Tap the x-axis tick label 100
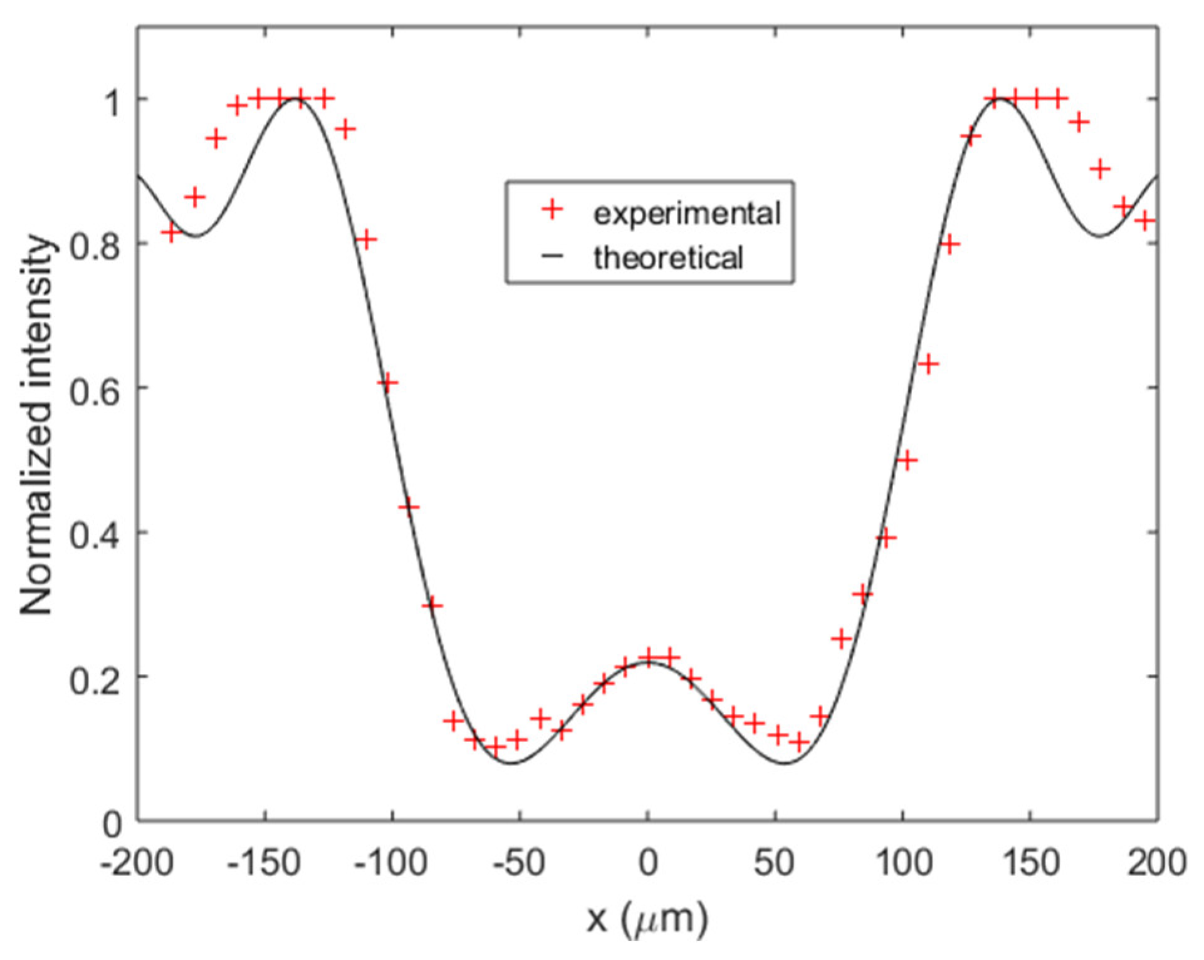pyautogui.click(x=903, y=863)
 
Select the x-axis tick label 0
pyautogui.click(x=648, y=863)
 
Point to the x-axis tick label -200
pyautogui.click(x=137, y=863)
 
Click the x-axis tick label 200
pyautogui.click(x=1157, y=863)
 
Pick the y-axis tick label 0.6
pyautogui.click(x=94, y=388)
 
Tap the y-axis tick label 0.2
pyautogui.click(x=94, y=677)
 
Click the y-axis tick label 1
pyautogui.click(x=113, y=100)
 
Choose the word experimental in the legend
pyautogui.click(x=687, y=214)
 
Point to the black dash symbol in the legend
pyautogui.click(x=552, y=256)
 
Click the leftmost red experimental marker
pyautogui.click(x=170, y=233)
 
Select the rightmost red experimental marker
pyautogui.click(x=1145, y=220)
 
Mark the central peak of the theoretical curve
pyautogui.click(x=648, y=662)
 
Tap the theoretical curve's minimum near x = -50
pyautogui.click(x=511, y=763)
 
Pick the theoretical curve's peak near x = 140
pyautogui.click(x=1001, y=99)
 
